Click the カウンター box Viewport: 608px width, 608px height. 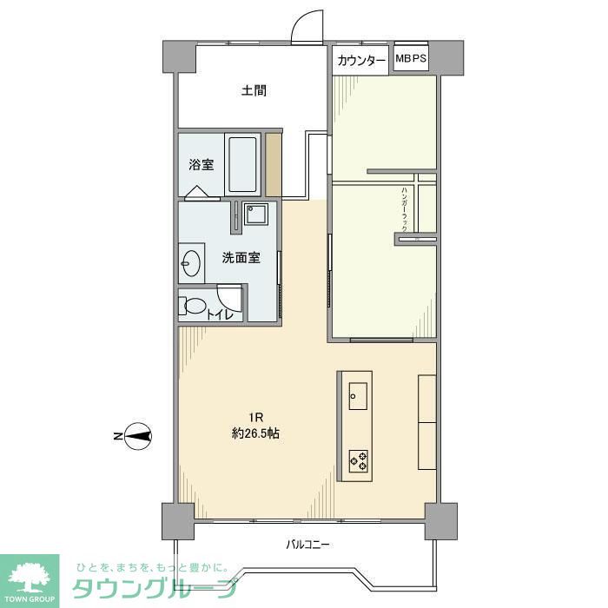[360, 60]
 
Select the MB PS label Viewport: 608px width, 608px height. [410, 58]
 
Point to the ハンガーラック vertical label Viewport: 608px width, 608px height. [405, 208]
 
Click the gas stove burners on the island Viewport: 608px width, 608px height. [358, 459]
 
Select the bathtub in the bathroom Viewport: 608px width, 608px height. [242, 165]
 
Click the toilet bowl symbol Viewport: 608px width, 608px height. [194, 307]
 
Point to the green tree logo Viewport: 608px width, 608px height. [29, 577]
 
